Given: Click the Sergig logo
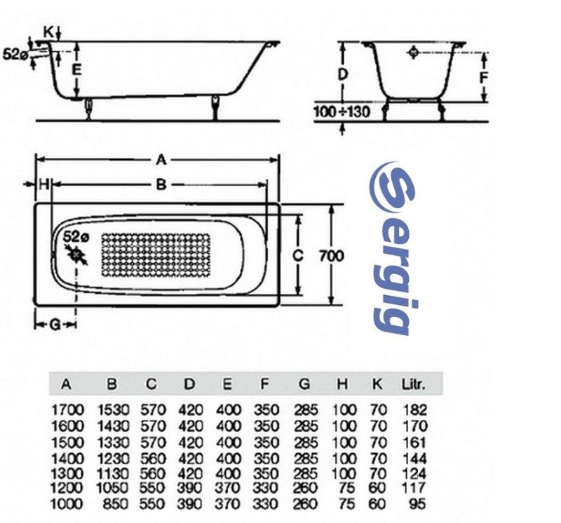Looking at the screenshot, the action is [393, 248].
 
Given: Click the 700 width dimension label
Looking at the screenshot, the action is [331, 256].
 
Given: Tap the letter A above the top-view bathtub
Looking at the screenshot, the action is [161, 160].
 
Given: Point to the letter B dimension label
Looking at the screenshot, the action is [162, 184].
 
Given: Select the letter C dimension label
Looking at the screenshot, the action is [297, 255].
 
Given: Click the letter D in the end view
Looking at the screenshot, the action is [343, 74].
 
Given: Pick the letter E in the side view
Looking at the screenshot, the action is [76, 69].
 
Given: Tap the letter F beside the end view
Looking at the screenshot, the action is [483, 78].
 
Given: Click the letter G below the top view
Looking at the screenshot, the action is [55, 325].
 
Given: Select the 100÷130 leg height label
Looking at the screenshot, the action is [342, 112].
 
